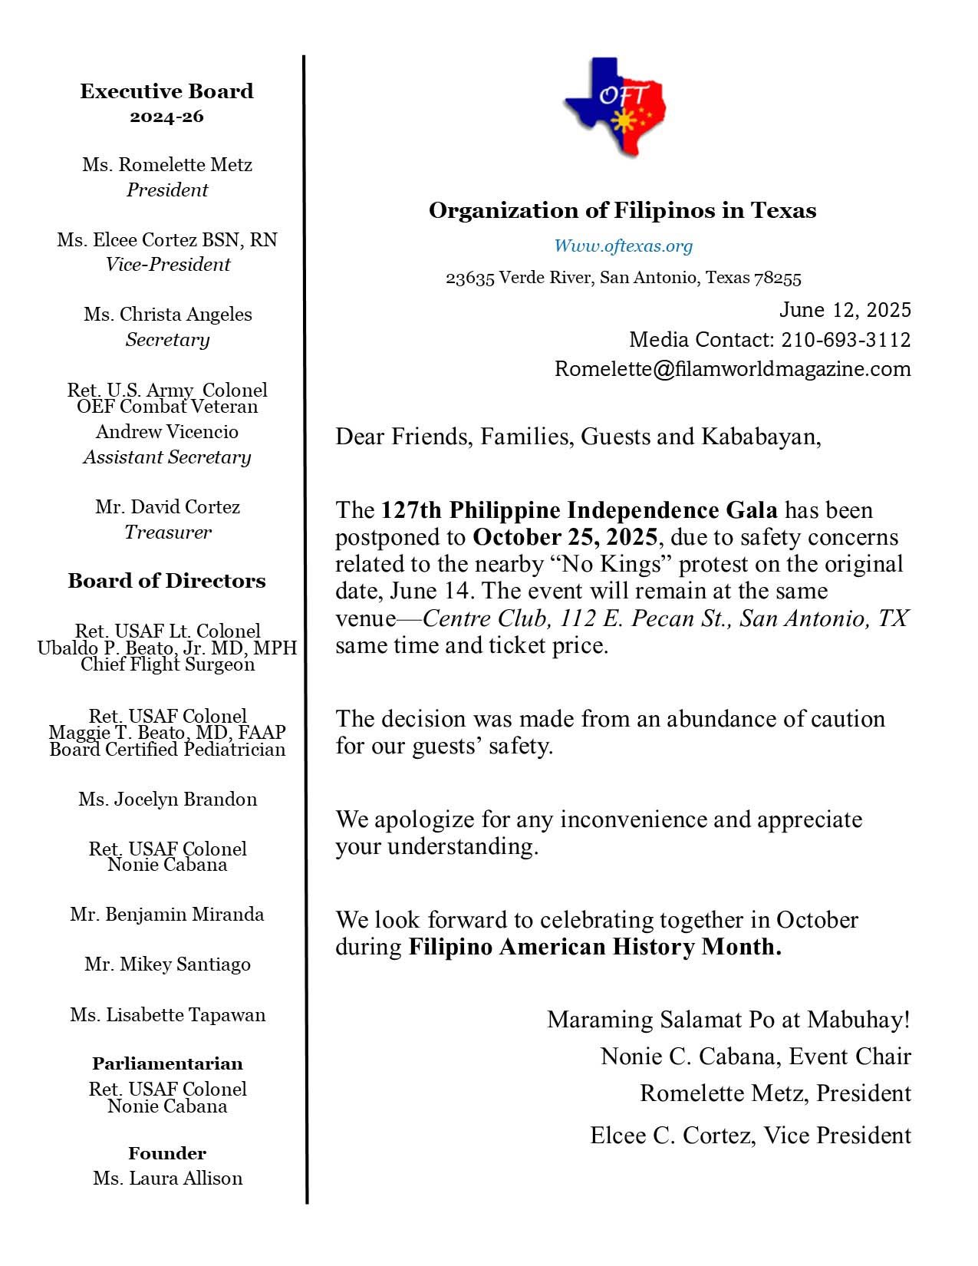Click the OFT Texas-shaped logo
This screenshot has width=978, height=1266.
[x=616, y=107]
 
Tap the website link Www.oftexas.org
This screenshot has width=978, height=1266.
[x=623, y=246]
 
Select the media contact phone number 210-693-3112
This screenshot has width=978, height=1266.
[x=846, y=339]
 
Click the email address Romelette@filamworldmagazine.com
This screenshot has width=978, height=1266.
[x=733, y=369]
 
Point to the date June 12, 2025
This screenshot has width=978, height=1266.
[x=845, y=310]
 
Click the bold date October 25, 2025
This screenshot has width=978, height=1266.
[x=565, y=536]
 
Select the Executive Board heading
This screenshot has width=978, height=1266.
[x=166, y=91]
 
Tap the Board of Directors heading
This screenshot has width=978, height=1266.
[x=166, y=581]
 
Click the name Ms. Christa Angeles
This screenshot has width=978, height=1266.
[x=168, y=315]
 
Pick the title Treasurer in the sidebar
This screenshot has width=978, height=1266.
[x=168, y=532]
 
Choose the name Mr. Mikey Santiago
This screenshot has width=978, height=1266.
[x=167, y=964]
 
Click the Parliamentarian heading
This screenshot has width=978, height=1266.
[x=167, y=1063]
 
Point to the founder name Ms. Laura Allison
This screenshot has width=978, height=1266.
[x=167, y=1178]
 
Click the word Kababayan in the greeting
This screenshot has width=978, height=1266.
[x=759, y=437]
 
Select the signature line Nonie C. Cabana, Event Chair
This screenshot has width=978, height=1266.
[x=756, y=1057]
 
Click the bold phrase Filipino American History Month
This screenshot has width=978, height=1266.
[x=594, y=947]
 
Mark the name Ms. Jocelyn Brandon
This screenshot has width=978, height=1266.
[x=167, y=799]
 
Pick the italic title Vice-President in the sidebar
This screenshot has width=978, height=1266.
[x=168, y=265]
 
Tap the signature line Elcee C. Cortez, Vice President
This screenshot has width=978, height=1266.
[x=750, y=1136]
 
